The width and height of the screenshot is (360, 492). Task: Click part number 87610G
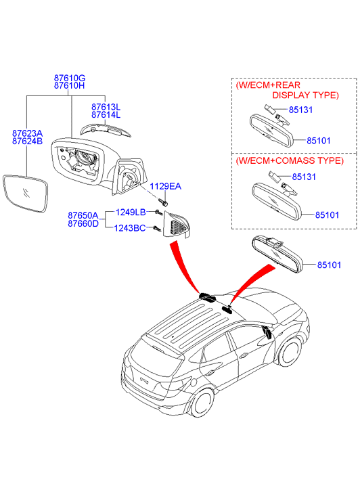(x=70, y=78)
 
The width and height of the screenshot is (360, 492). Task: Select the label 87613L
(x=106, y=107)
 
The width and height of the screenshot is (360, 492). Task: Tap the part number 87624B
(x=27, y=141)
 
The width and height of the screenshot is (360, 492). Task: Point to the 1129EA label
(x=165, y=186)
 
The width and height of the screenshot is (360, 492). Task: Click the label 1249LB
(x=131, y=213)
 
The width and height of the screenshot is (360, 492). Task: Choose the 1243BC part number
(x=130, y=228)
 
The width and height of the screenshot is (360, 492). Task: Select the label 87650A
(x=83, y=216)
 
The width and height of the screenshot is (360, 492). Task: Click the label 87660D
(x=83, y=223)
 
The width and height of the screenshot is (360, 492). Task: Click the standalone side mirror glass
(x=26, y=194)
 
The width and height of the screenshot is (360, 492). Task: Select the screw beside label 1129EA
(x=163, y=202)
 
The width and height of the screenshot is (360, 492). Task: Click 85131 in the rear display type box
(x=300, y=110)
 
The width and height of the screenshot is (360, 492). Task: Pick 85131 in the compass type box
(x=304, y=177)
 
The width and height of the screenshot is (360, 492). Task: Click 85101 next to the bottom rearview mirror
(x=329, y=265)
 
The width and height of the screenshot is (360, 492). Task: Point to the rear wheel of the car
(x=202, y=403)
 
